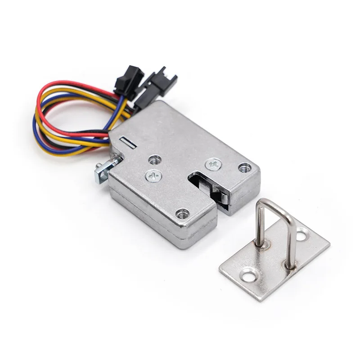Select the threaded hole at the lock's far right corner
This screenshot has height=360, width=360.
tap(244, 167)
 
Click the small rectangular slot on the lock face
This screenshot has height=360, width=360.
tap(128, 143)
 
